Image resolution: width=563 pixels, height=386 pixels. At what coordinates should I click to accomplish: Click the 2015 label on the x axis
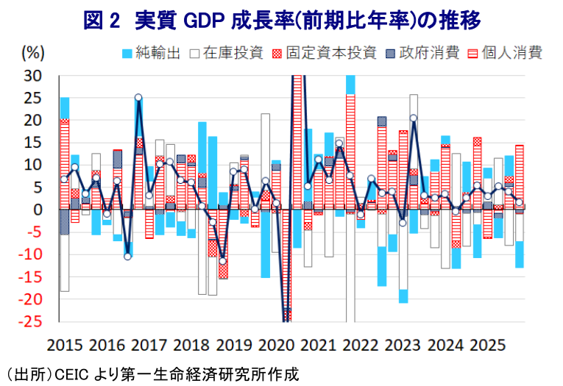click(x=65, y=344)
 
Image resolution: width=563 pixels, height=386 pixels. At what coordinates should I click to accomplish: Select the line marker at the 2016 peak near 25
click(x=138, y=97)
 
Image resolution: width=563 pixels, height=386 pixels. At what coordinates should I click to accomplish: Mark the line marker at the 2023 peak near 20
click(x=414, y=118)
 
